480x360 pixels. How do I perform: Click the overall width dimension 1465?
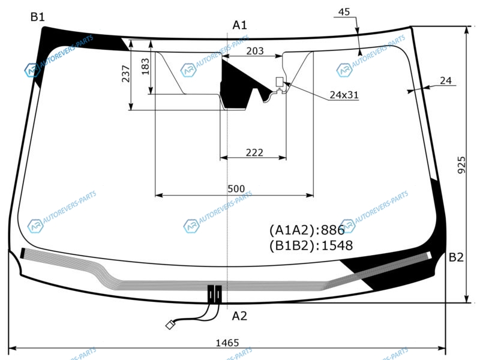[227, 343]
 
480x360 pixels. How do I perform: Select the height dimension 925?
[461, 165]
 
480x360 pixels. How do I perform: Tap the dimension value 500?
[236, 189]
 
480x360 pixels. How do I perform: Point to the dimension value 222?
[254, 152]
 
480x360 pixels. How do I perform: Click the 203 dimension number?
[255, 51]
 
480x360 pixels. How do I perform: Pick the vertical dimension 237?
[126, 73]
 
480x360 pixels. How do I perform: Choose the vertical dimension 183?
[145, 67]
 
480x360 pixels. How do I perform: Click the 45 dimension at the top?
[344, 12]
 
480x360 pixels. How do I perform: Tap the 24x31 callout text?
[344, 95]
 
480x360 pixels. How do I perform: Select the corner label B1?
[38, 17]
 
